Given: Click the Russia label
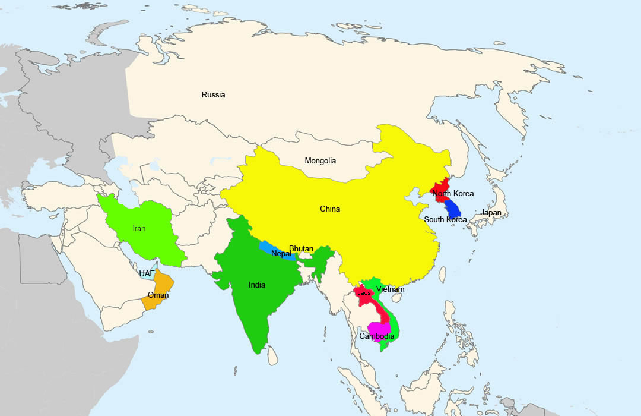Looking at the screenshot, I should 213,94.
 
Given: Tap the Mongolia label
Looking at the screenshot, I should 320,160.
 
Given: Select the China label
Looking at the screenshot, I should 329,209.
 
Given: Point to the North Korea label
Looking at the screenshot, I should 453,193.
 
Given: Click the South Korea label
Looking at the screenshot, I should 445,219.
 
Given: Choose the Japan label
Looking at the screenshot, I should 491,212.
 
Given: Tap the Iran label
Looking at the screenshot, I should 139,228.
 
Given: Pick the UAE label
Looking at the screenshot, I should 147,273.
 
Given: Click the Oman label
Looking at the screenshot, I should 158,295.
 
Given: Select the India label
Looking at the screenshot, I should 257,285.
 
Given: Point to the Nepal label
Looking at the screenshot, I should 281,254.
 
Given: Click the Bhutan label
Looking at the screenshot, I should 301,248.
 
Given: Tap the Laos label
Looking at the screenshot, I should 364,292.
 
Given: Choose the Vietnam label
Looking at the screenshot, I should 390,289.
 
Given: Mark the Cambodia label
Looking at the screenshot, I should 376,336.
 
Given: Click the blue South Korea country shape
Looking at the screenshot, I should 453,207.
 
